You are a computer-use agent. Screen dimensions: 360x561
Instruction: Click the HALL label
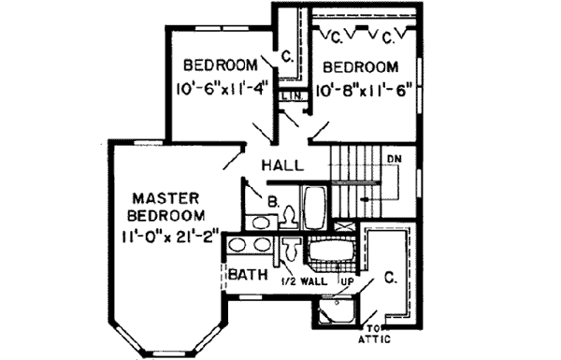click(281, 166)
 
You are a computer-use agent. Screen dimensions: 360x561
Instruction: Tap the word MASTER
click(167, 198)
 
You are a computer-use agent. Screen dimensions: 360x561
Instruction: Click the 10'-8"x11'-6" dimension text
click(365, 92)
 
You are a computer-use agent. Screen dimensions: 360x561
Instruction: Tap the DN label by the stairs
click(395, 158)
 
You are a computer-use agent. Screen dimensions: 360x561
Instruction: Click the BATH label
click(252, 277)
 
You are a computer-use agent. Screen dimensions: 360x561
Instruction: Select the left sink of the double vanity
click(239, 248)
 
